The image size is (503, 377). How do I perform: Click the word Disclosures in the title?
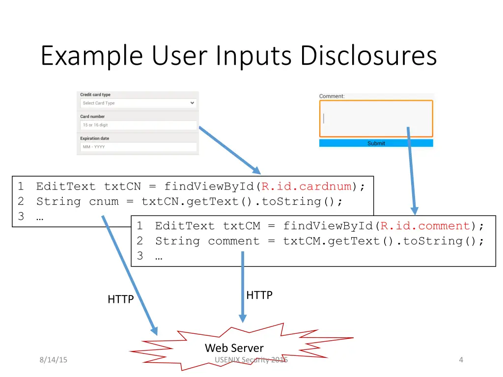coord(368,56)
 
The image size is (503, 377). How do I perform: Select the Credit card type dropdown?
coord(138,103)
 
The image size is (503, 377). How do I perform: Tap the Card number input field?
coord(138,125)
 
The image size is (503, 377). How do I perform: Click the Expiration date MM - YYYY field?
coord(138,147)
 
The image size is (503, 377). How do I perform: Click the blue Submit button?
coord(376,143)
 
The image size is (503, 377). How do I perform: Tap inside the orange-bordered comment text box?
coord(376,119)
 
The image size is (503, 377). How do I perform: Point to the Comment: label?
coord(332,96)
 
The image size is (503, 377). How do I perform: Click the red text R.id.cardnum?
coord(307,187)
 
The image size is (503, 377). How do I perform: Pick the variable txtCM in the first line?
coord(241,226)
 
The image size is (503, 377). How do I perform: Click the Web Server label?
coord(234,348)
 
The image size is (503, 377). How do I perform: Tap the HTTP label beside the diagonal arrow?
coord(121,299)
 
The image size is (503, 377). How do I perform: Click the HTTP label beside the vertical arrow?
coord(259,295)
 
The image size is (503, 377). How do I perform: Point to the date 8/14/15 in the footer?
coord(54,360)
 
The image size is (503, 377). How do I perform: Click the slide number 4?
coord(461,360)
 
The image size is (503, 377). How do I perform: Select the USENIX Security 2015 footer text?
coord(251,360)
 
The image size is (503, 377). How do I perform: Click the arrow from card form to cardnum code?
coord(229,150)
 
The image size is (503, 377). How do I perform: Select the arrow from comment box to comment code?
coord(411,172)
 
